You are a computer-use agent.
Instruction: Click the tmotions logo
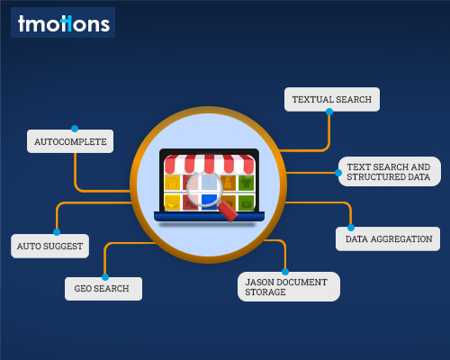[x=63, y=22]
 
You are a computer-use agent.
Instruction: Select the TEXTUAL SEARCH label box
[x=332, y=99]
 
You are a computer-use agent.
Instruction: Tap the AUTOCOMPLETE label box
[x=70, y=141]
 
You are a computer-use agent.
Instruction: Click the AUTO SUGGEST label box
[x=49, y=246]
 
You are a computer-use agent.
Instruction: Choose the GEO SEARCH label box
[x=103, y=289]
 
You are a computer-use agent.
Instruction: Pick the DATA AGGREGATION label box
[x=388, y=238]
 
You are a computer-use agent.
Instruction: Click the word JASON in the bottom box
[x=260, y=282]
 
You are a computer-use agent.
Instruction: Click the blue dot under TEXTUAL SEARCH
[x=329, y=112]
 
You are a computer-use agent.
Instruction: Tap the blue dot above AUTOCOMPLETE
[x=75, y=129]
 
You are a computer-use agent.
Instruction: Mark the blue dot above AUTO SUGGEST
[x=57, y=232]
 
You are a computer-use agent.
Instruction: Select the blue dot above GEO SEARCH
[x=105, y=277]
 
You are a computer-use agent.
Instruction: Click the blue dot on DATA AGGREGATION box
[x=351, y=228]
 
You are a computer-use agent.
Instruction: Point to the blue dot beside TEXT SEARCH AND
[x=338, y=173]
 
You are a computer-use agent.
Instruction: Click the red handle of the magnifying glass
[x=228, y=211]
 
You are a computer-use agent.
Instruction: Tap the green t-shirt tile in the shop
[x=246, y=183]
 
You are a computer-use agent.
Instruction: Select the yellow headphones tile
[x=172, y=183]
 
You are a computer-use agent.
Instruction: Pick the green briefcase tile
[x=246, y=202]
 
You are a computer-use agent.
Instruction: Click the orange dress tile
[x=228, y=183]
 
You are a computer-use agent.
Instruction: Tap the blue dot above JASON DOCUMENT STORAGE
[x=285, y=272]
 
